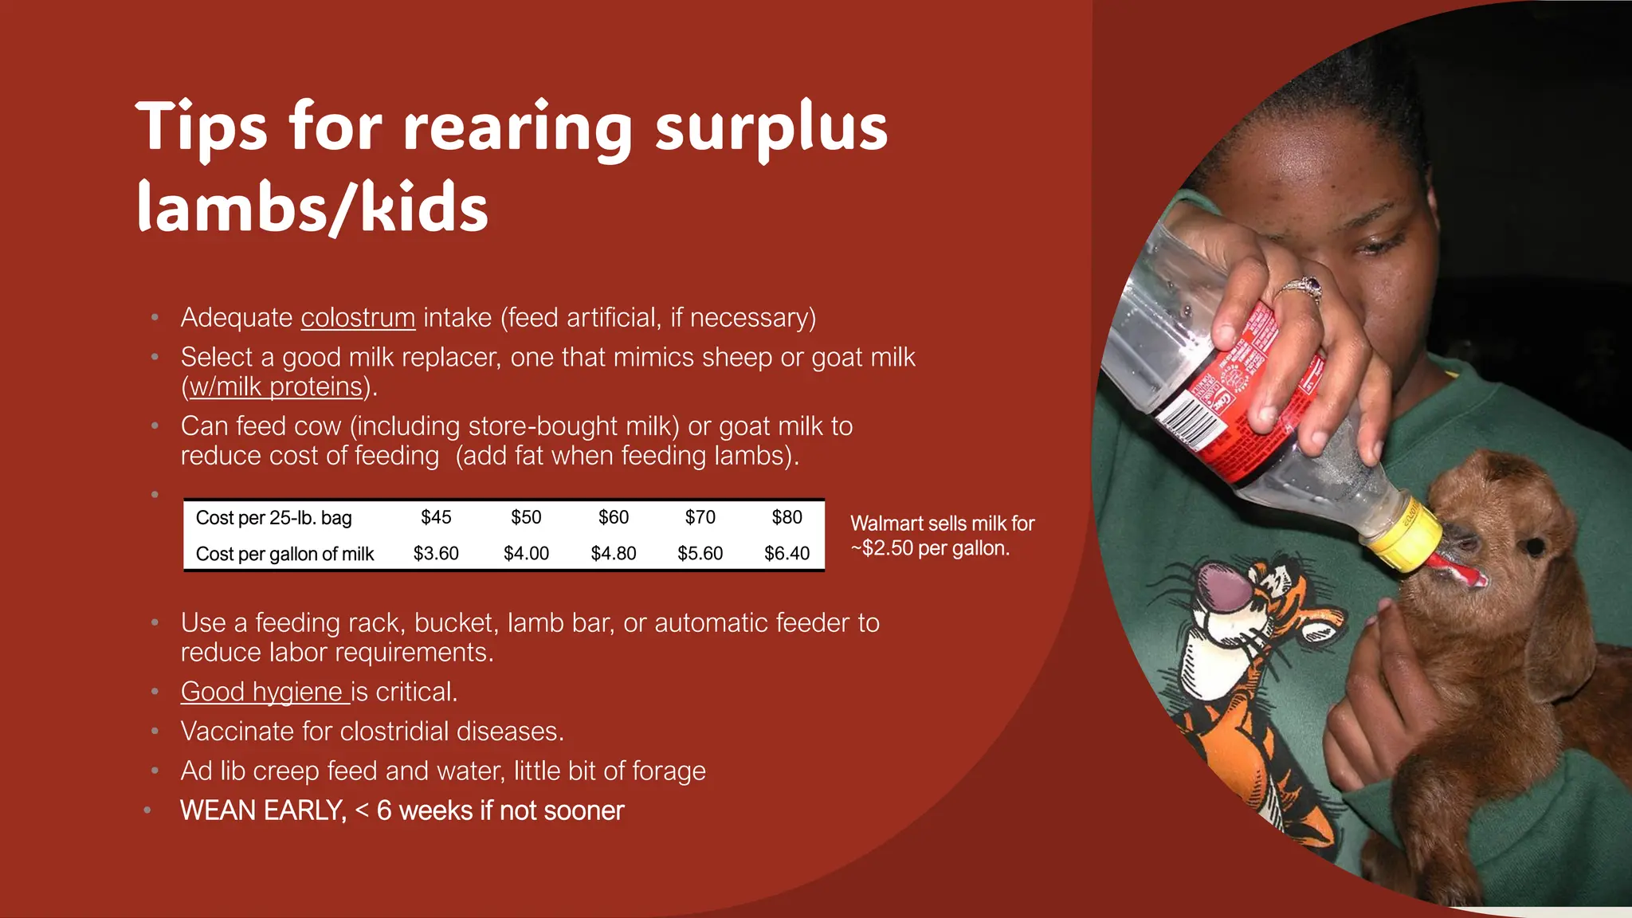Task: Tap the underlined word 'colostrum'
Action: point(358,318)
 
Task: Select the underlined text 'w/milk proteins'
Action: point(276,387)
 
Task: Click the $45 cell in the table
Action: point(436,517)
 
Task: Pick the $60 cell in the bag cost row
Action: point(614,517)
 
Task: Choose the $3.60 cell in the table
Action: point(436,553)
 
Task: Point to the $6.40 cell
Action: point(787,553)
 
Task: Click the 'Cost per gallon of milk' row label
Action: point(284,554)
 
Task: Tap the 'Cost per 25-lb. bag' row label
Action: point(273,518)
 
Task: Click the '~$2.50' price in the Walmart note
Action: point(886,548)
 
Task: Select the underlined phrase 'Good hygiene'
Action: point(264,692)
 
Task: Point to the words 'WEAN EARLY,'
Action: point(263,810)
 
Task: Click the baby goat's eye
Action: point(1533,546)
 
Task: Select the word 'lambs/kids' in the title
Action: point(312,207)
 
